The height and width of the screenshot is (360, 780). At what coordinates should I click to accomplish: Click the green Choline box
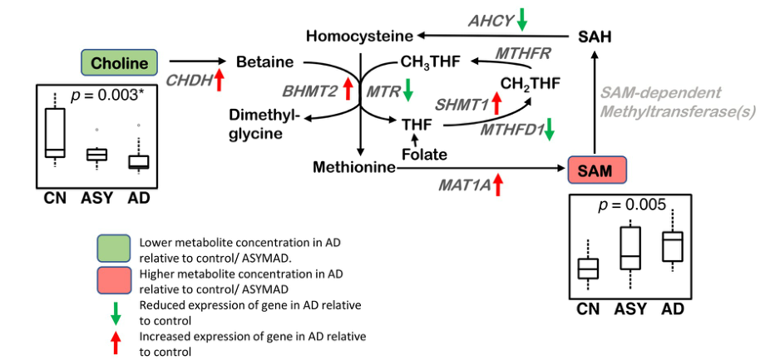coord(119,62)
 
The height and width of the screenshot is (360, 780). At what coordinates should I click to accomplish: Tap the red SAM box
coord(595,170)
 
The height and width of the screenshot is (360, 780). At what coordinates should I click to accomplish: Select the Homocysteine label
coord(359,36)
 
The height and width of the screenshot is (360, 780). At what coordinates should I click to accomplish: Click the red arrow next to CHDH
coord(220,81)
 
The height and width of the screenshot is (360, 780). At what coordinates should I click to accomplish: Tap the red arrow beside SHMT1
coord(496,104)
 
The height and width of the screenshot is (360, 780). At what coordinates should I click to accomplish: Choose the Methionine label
coord(353,168)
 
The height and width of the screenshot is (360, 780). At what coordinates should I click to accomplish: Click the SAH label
coord(595,36)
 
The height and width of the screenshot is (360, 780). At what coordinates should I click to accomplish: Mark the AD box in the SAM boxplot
coord(672,246)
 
